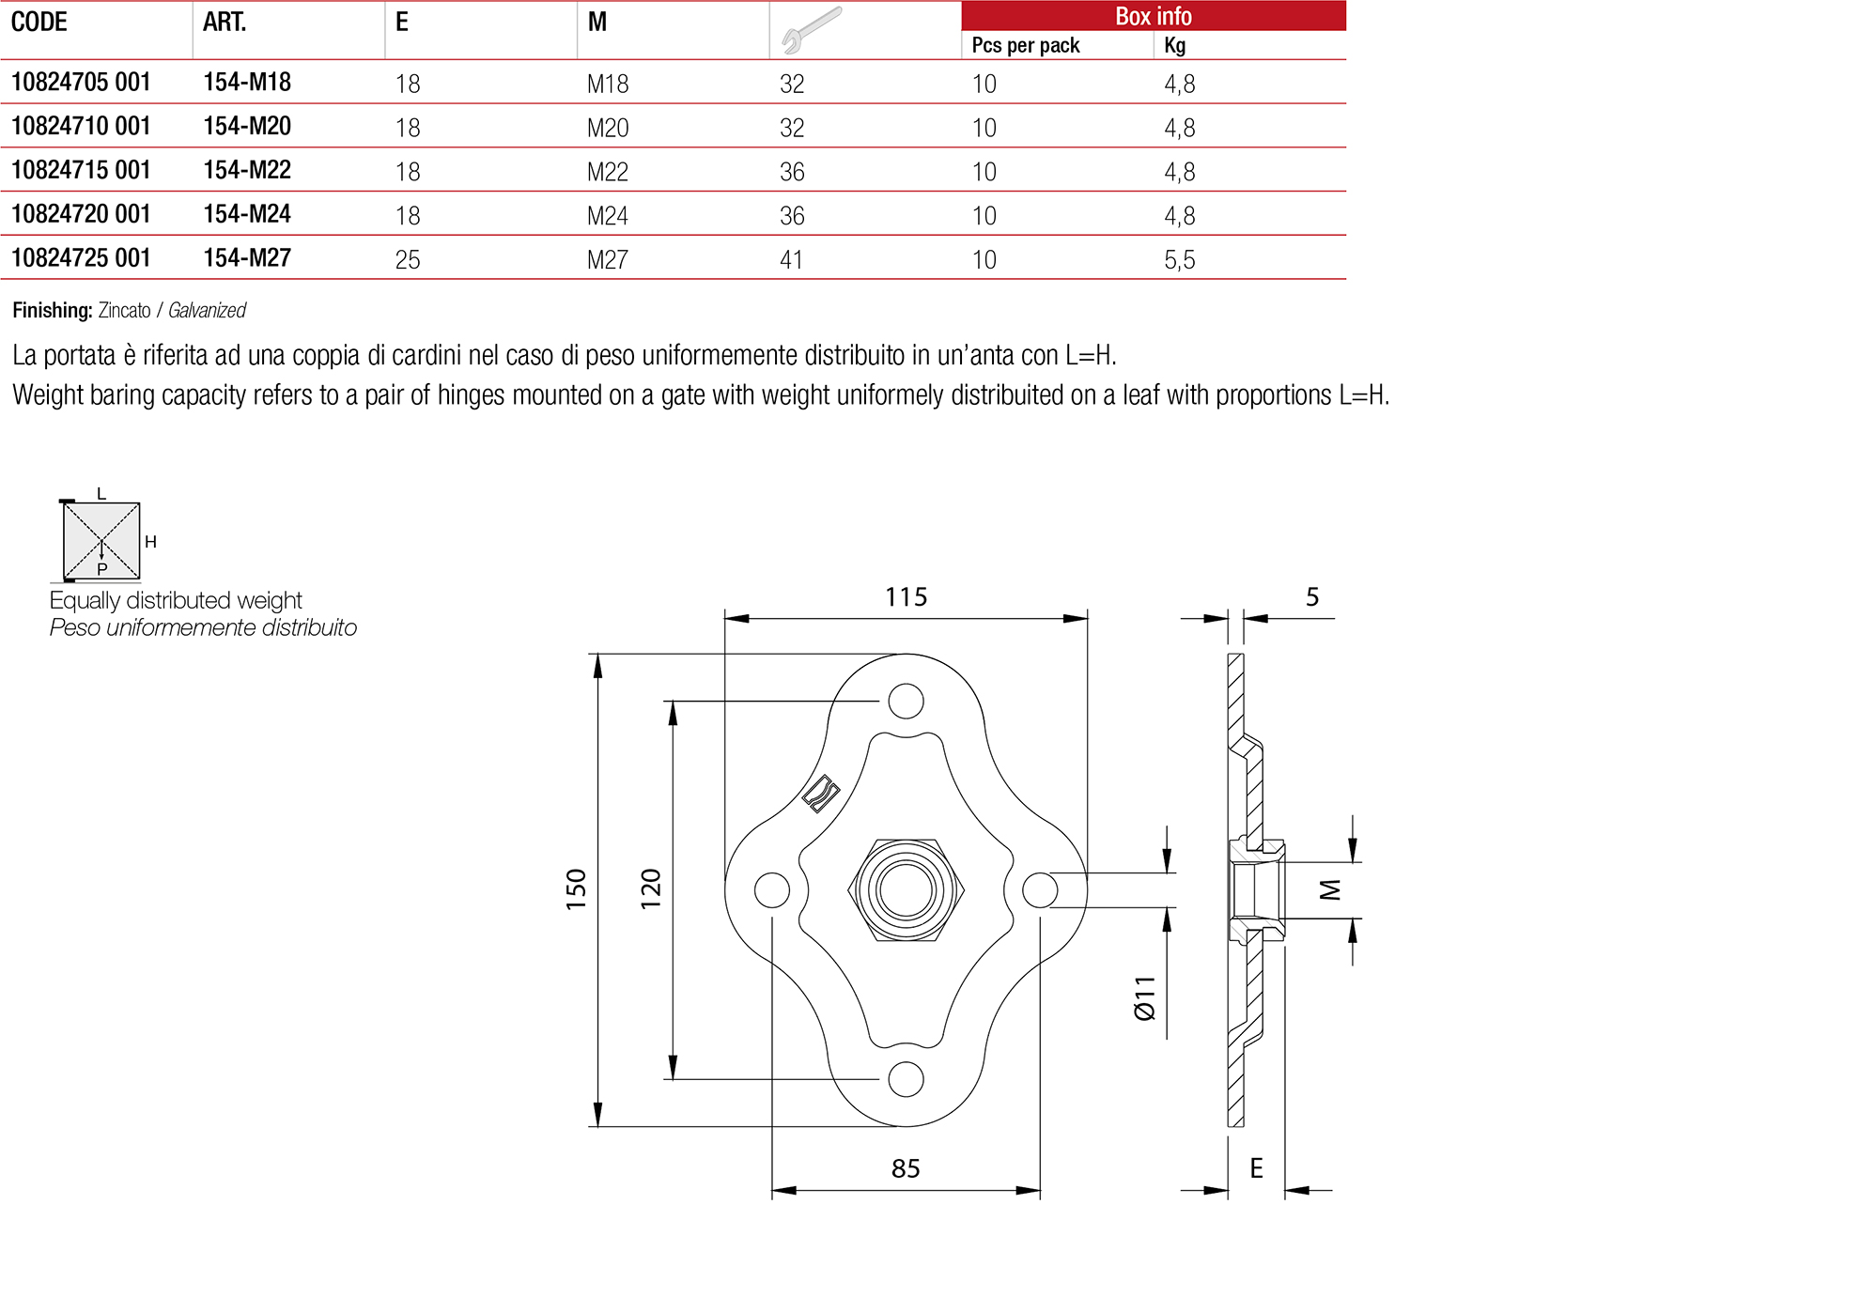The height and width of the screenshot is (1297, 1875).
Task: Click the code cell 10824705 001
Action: tap(81, 83)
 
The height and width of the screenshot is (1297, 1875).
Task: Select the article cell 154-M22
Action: tap(247, 171)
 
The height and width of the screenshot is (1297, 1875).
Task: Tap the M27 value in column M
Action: tap(607, 260)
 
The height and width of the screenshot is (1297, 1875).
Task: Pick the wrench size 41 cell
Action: tap(791, 260)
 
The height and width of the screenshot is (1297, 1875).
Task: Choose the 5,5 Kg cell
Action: tap(1179, 260)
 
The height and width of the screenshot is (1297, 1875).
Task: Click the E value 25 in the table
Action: tap(408, 260)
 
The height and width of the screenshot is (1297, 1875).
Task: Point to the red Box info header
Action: tap(1153, 16)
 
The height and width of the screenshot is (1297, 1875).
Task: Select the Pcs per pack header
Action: tap(1025, 45)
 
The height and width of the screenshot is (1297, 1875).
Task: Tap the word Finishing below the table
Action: tap(52, 311)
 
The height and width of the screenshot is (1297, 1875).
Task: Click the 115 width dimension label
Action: tap(906, 597)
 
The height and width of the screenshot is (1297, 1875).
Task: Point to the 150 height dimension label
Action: tap(576, 888)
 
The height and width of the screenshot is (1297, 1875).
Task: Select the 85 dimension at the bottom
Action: tap(906, 1168)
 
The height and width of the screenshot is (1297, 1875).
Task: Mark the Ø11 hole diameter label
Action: tap(1145, 997)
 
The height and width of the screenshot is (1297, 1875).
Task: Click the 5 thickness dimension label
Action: tap(1312, 597)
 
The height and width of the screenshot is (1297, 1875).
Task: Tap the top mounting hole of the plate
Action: tap(906, 701)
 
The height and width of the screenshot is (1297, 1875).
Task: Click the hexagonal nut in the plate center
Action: tap(906, 889)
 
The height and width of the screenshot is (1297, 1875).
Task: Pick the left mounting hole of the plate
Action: tap(772, 889)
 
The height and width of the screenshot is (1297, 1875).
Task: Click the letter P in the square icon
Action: tap(102, 569)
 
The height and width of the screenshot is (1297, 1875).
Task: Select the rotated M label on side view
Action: tap(1330, 889)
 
